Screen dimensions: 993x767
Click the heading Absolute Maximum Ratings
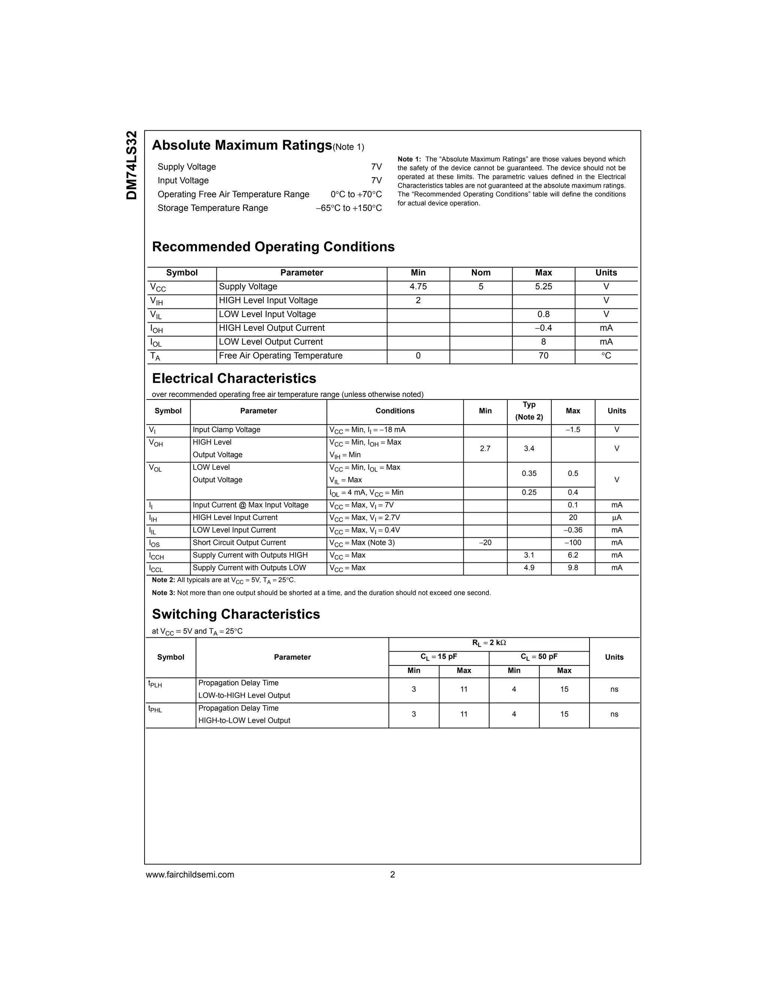(x=242, y=145)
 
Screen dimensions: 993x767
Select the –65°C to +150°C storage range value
(x=349, y=208)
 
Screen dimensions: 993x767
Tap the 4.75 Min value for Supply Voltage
(x=418, y=286)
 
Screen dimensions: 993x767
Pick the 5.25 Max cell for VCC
(x=543, y=286)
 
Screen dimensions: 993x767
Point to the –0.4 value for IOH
(x=543, y=328)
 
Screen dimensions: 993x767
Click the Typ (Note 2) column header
(x=528, y=411)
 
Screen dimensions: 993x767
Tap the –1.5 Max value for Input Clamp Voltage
(x=573, y=430)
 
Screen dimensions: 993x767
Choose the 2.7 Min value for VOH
(x=485, y=448)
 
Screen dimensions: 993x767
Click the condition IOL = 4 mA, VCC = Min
(x=366, y=492)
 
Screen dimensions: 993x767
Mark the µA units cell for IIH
(x=616, y=517)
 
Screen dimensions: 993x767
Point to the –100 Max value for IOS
(x=573, y=543)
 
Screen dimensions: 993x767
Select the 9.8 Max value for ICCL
(x=573, y=567)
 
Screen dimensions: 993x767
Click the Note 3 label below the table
(x=163, y=593)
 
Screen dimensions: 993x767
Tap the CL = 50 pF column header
(x=539, y=657)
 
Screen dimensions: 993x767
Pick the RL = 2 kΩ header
(x=488, y=643)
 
